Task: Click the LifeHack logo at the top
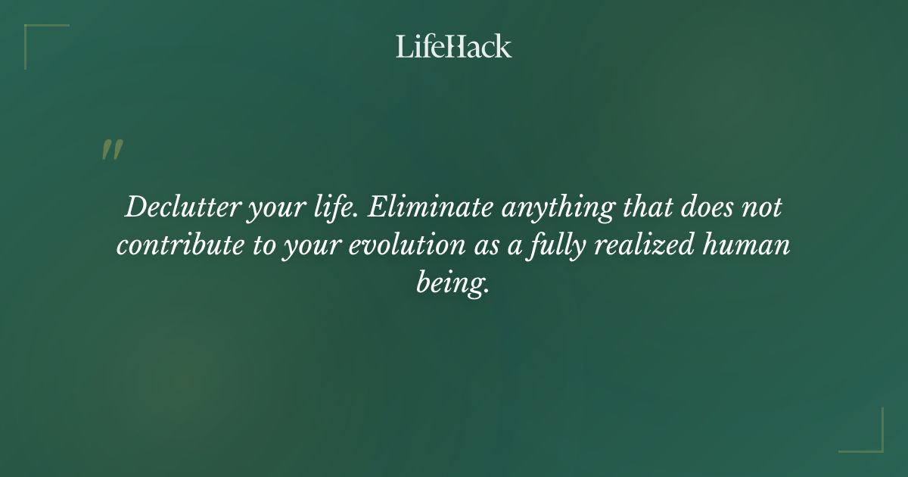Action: click(454, 46)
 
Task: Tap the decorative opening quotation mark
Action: click(111, 150)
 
